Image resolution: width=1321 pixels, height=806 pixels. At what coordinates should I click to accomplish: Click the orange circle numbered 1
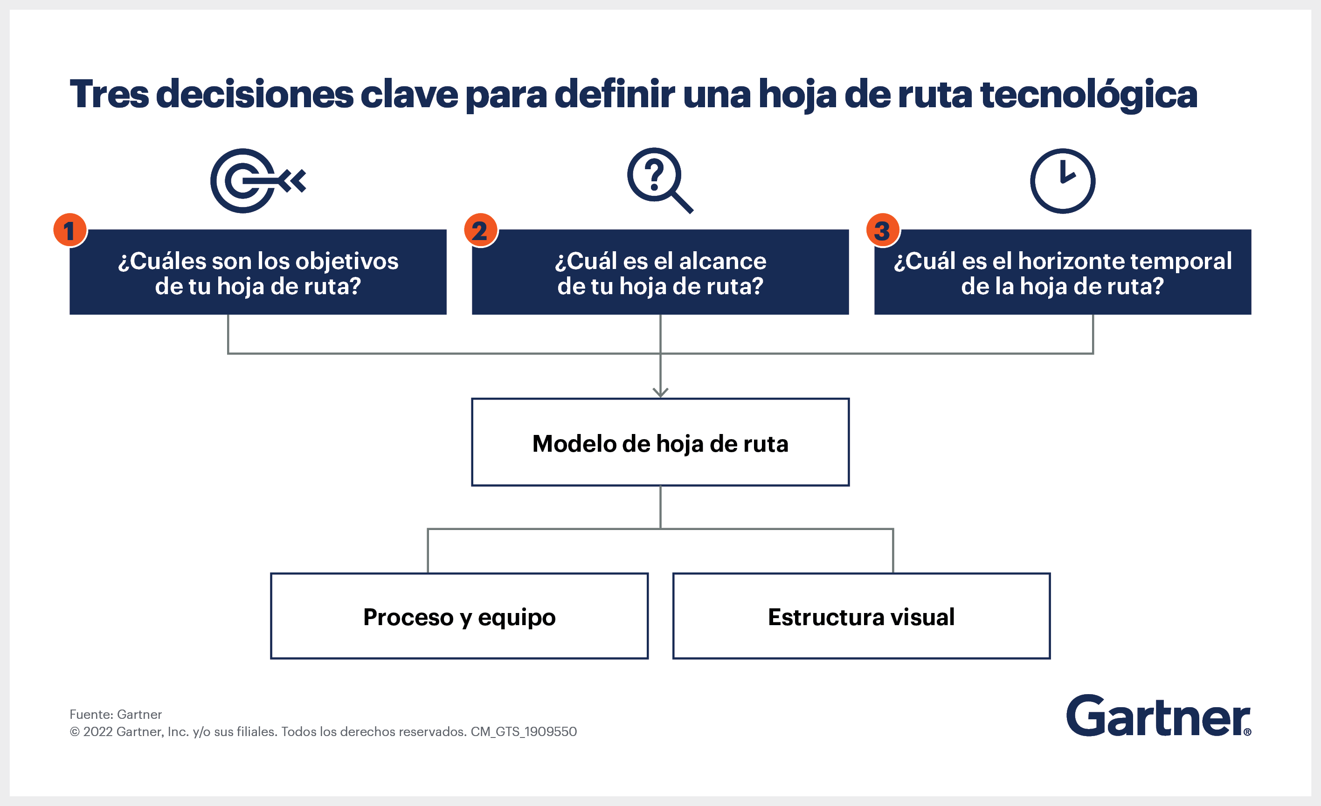click(x=69, y=230)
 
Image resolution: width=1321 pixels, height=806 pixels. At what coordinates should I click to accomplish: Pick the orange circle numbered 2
click(x=480, y=230)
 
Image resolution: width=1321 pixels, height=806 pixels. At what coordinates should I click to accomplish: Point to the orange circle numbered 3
click(x=883, y=230)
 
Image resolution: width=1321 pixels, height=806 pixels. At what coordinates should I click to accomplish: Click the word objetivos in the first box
click(x=347, y=262)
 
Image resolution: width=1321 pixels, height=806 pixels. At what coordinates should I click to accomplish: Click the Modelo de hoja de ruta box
click(x=660, y=442)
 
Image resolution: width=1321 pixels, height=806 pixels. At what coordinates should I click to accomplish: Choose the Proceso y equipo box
click(x=459, y=616)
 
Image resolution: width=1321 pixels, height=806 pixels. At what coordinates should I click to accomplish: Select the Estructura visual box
click(x=861, y=616)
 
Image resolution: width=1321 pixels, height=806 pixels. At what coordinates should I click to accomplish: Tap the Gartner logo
click(x=1158, y=716)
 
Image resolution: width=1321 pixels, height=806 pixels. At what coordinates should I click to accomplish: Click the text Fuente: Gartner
click(x=116, y=714)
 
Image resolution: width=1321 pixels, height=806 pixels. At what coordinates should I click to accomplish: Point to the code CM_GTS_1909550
click(x=524, y=732)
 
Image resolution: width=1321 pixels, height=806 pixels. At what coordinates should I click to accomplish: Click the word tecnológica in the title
click(x=1088, y=94)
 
